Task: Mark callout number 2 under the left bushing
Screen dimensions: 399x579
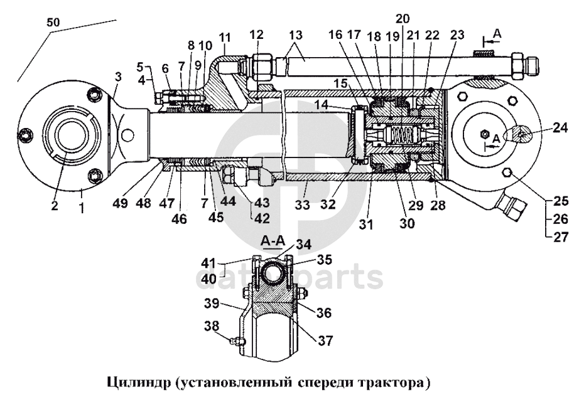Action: click(x=55, y=205)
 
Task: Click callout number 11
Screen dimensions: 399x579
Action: click(x=225, y=39)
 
